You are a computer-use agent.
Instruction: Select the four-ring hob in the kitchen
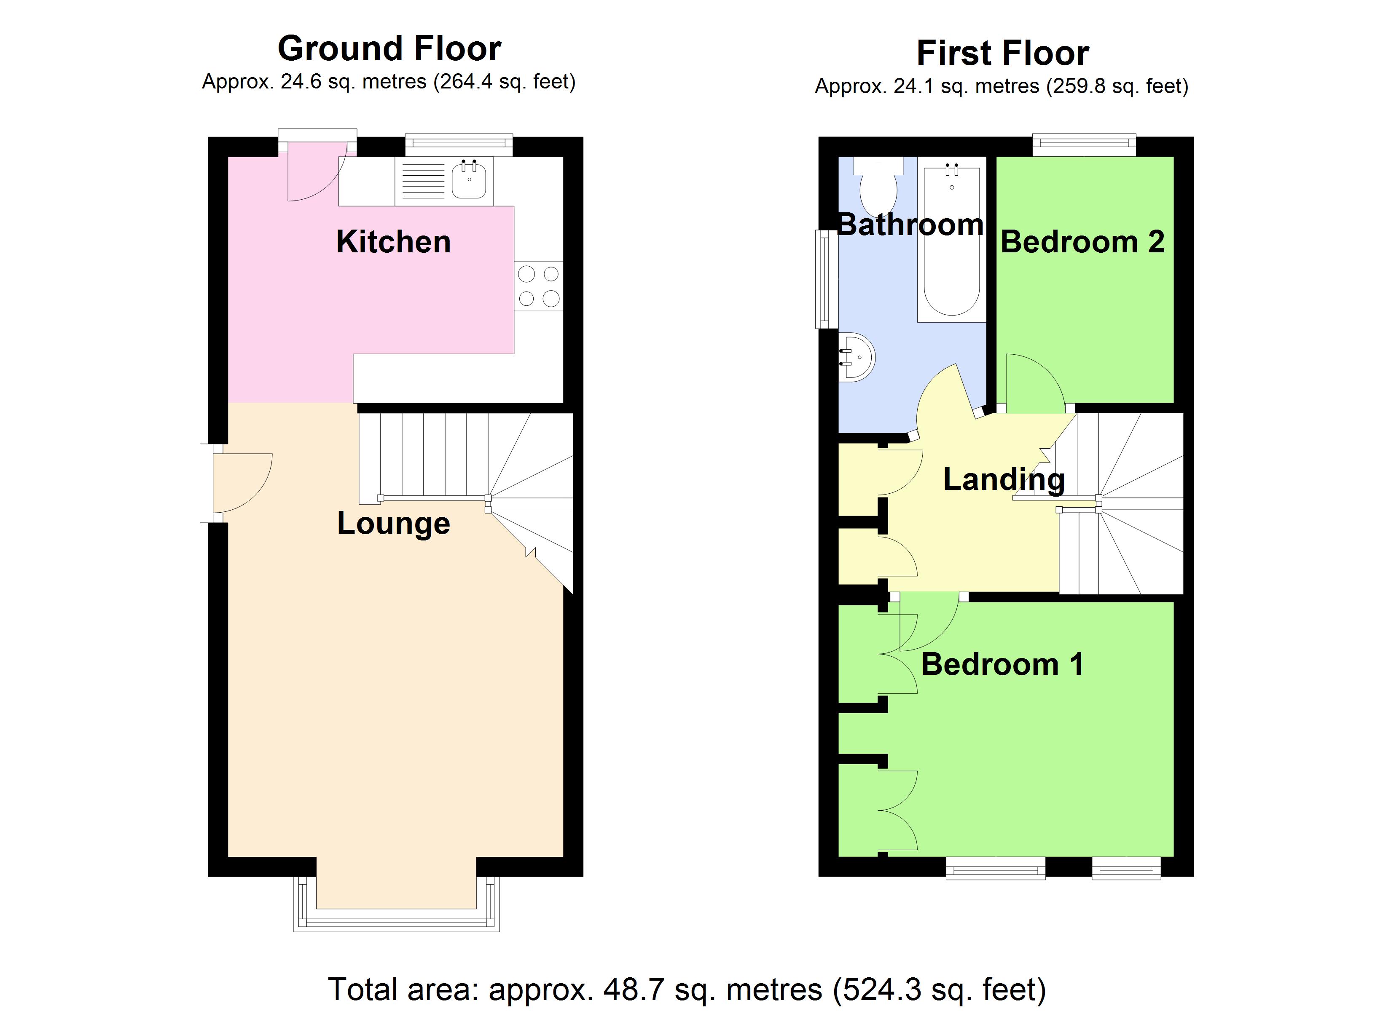[539, 286]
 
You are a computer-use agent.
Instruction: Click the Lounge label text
[393, 524]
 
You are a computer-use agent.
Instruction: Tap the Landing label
[1004, 479]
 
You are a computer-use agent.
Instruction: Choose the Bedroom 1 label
[1002, 665]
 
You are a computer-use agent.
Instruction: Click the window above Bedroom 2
[1084, 144]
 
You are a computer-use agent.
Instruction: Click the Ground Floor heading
[389, 48]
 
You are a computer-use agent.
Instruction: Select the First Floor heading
[1002, 53]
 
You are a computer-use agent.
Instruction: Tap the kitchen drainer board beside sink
[423, 182]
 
